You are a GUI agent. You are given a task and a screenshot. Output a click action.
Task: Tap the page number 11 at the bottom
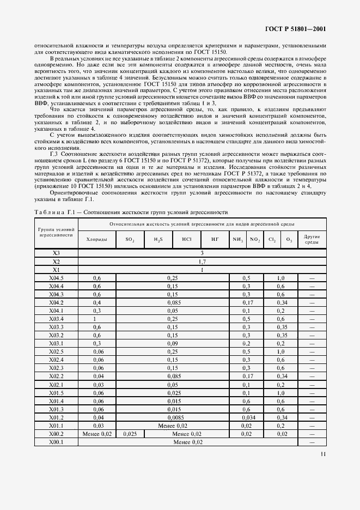(x=323, y=453)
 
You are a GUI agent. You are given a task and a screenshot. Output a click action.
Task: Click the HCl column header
(x=186, y=240)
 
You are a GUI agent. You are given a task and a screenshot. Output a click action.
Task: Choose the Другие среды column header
(x=312, y=240)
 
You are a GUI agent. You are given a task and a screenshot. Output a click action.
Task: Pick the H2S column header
(x=158, y=240)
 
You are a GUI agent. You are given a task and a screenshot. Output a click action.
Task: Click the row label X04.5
(x=57, y=278)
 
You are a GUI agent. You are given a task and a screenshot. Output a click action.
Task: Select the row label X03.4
(x=57, y=318)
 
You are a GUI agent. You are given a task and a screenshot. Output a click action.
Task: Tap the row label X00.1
(x=57, y=441)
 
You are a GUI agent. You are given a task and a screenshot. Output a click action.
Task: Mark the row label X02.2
(x=57, y=376)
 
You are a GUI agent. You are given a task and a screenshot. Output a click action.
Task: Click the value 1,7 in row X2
(x=202, y=262)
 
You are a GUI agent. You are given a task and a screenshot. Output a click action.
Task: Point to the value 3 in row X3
(x=202, y=254)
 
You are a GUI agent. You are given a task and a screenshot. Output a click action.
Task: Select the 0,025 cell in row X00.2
(x=130, y=434)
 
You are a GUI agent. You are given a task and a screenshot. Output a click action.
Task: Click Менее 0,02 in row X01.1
(x=172, y=426)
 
